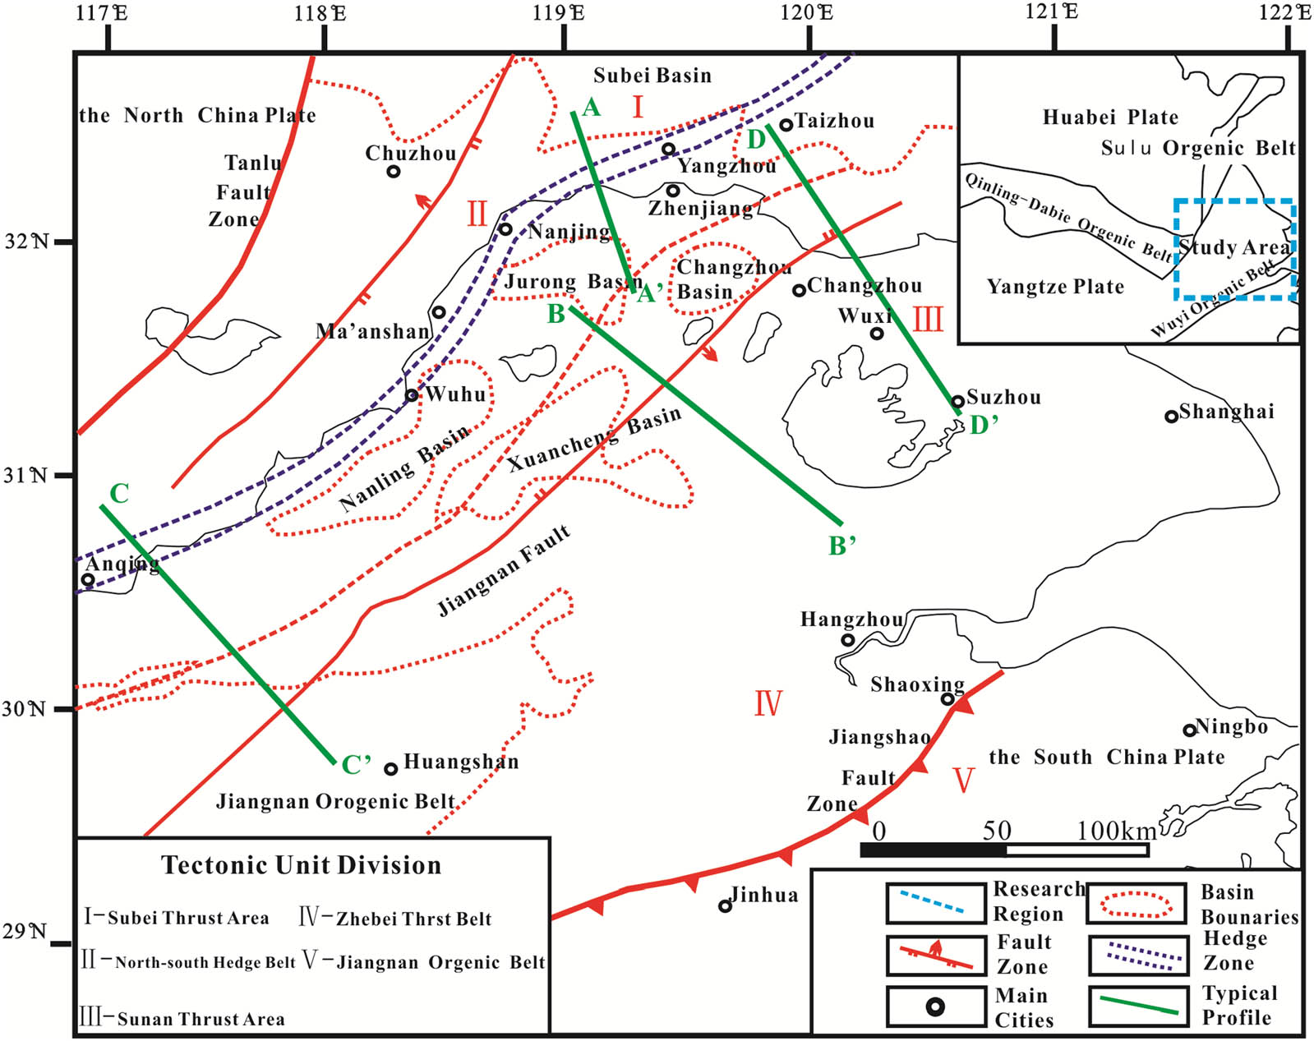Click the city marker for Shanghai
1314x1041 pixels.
tap(1171, 417)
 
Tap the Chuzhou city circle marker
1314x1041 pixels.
tap(394, 172)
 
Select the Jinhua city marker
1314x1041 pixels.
tap(725, 906)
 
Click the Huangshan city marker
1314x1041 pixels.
tap(391, 769)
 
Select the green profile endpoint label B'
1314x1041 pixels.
tap(842, 546)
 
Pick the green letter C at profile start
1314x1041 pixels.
tap(119, 494)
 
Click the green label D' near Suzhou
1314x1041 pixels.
tap(984, 425)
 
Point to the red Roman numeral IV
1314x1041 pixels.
tap(768, 703)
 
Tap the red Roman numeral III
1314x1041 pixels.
tap(928, 319)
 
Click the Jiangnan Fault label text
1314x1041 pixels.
tap(503, 571)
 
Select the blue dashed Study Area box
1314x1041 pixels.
tap(1234, 249)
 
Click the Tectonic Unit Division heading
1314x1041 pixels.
tap(301, 865)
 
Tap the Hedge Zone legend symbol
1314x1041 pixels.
tap(1139, 956)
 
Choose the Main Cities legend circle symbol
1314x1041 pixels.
tap(935, 1006)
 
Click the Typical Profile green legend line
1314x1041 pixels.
tap(1139, 1006)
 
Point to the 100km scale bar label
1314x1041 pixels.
tap(1116, 831)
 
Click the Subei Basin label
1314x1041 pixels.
tap(652, 76)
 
